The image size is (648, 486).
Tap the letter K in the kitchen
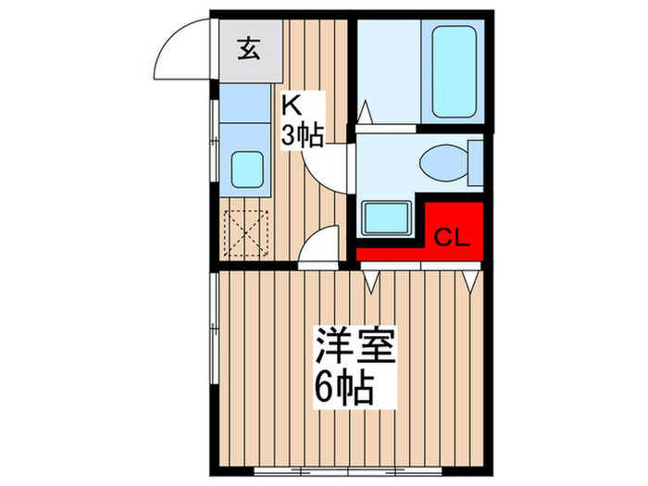coord(293,103)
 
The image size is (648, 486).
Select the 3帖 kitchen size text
coord(302,136)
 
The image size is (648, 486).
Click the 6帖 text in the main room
coord(343,388)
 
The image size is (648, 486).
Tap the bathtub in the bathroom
coord(454,72)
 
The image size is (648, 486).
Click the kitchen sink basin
coord(246,169)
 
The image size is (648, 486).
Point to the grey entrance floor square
coord(247,49)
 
